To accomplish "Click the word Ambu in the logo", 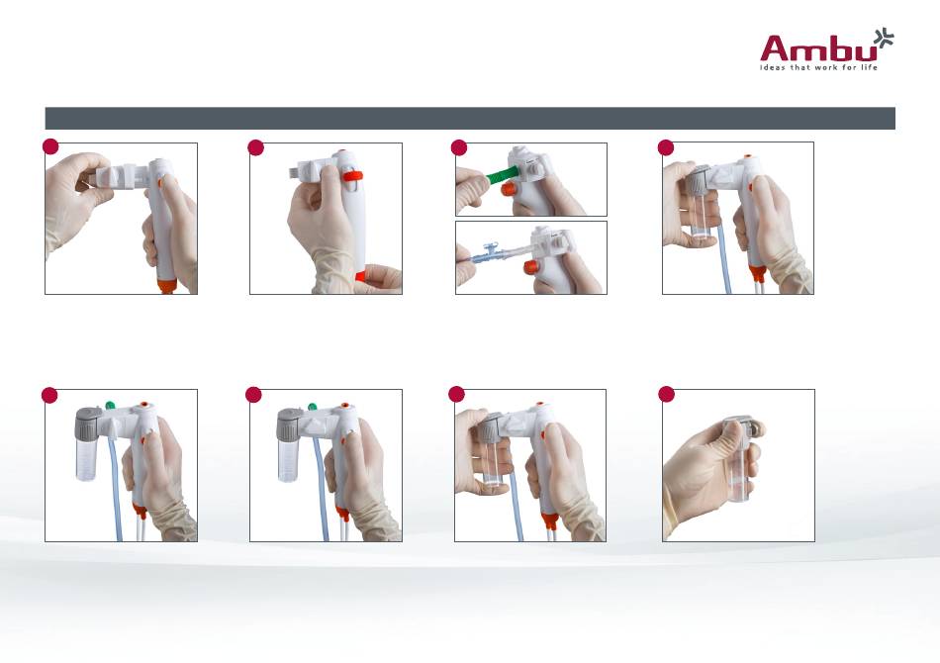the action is [x=817, y=48].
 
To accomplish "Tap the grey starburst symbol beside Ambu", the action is [x=884, y=38].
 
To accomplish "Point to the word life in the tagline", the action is [x=870, y=67].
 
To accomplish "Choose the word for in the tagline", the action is [x=850, y=67].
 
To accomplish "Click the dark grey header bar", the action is [x=470, y=118].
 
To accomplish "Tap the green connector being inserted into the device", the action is [x=498, y=175].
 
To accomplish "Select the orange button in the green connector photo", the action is [x=509, y=189].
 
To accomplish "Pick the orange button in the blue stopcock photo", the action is [x=530, y=267].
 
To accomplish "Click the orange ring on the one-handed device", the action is [x=352, y=176].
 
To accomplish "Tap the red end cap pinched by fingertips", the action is [x=360, y=276].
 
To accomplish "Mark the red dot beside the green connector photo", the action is [x=458, y=147].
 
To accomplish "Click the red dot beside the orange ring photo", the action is [x=256, y=147].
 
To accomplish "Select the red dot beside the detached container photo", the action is [x=667, y=394].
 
